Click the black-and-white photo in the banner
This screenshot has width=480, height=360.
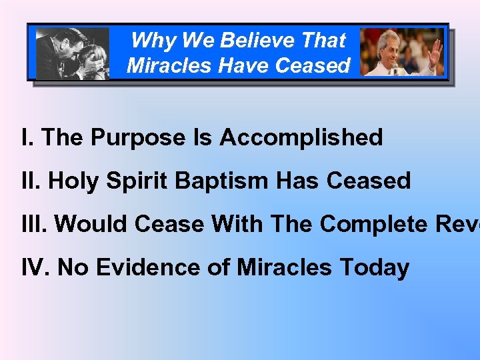coord(73,53)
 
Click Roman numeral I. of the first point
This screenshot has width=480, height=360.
coord(27,138)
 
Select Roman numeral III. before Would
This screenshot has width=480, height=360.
coord(35,224)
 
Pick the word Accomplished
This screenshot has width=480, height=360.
coord(301,138)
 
